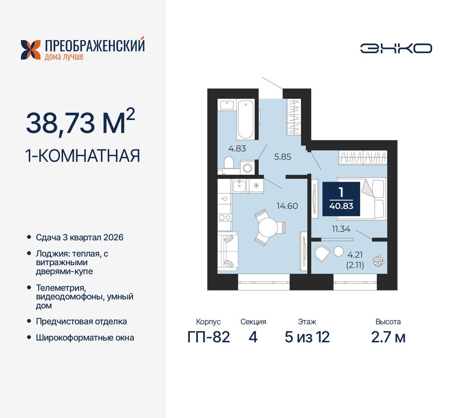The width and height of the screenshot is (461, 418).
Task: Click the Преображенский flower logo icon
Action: click(x=31, y=50)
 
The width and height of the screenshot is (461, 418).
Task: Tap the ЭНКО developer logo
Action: click(x=396, y=48)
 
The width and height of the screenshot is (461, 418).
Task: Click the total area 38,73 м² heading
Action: click(x=80, y=123)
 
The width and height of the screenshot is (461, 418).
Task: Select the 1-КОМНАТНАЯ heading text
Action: click(x=82, y=156)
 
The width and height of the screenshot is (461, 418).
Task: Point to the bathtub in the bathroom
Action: click(x=246, y=119)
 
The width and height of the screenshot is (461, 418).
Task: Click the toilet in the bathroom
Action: click(x=229, y=163)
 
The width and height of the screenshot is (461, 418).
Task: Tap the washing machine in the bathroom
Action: click(x=247, y=168)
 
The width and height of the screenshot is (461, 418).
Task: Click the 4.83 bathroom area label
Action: click(x=237, y=148)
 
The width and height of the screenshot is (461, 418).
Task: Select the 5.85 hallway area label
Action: click(x=282, y=157)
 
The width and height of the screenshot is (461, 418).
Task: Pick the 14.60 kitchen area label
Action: click(x=287, y=206)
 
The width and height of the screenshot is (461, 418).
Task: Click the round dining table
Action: click(x=268, y=227)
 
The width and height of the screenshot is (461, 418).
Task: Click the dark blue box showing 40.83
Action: click(x=341, y=199)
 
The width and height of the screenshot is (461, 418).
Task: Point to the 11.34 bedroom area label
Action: click(x=341, y=229)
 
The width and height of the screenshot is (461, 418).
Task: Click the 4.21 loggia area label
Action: click(x=355, y=255)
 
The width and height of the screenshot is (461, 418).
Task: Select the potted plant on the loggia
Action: click(x=378, y=261)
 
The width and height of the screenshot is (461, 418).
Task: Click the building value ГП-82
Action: click(x=209, y=337)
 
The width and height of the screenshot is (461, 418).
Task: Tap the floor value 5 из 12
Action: click(x=307, y=337)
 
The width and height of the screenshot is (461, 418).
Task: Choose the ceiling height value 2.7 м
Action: click(x=388, y=337)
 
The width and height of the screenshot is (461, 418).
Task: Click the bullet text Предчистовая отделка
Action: click(x=81, y=321)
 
